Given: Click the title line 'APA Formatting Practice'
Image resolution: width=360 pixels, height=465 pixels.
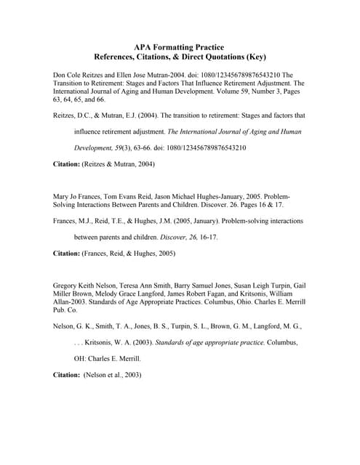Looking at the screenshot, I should (x=179, y=46).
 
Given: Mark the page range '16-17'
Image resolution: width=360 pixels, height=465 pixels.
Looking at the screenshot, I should (x=207, y=237).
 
